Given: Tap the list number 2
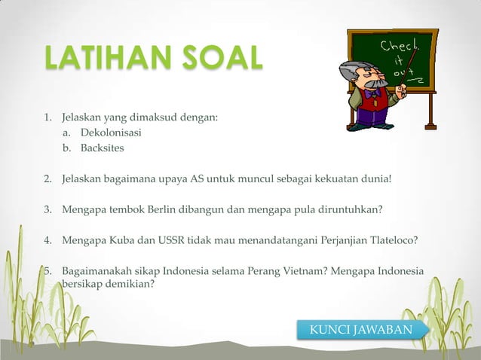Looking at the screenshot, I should pos(47,179).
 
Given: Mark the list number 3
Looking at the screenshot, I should pos(47,209).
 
